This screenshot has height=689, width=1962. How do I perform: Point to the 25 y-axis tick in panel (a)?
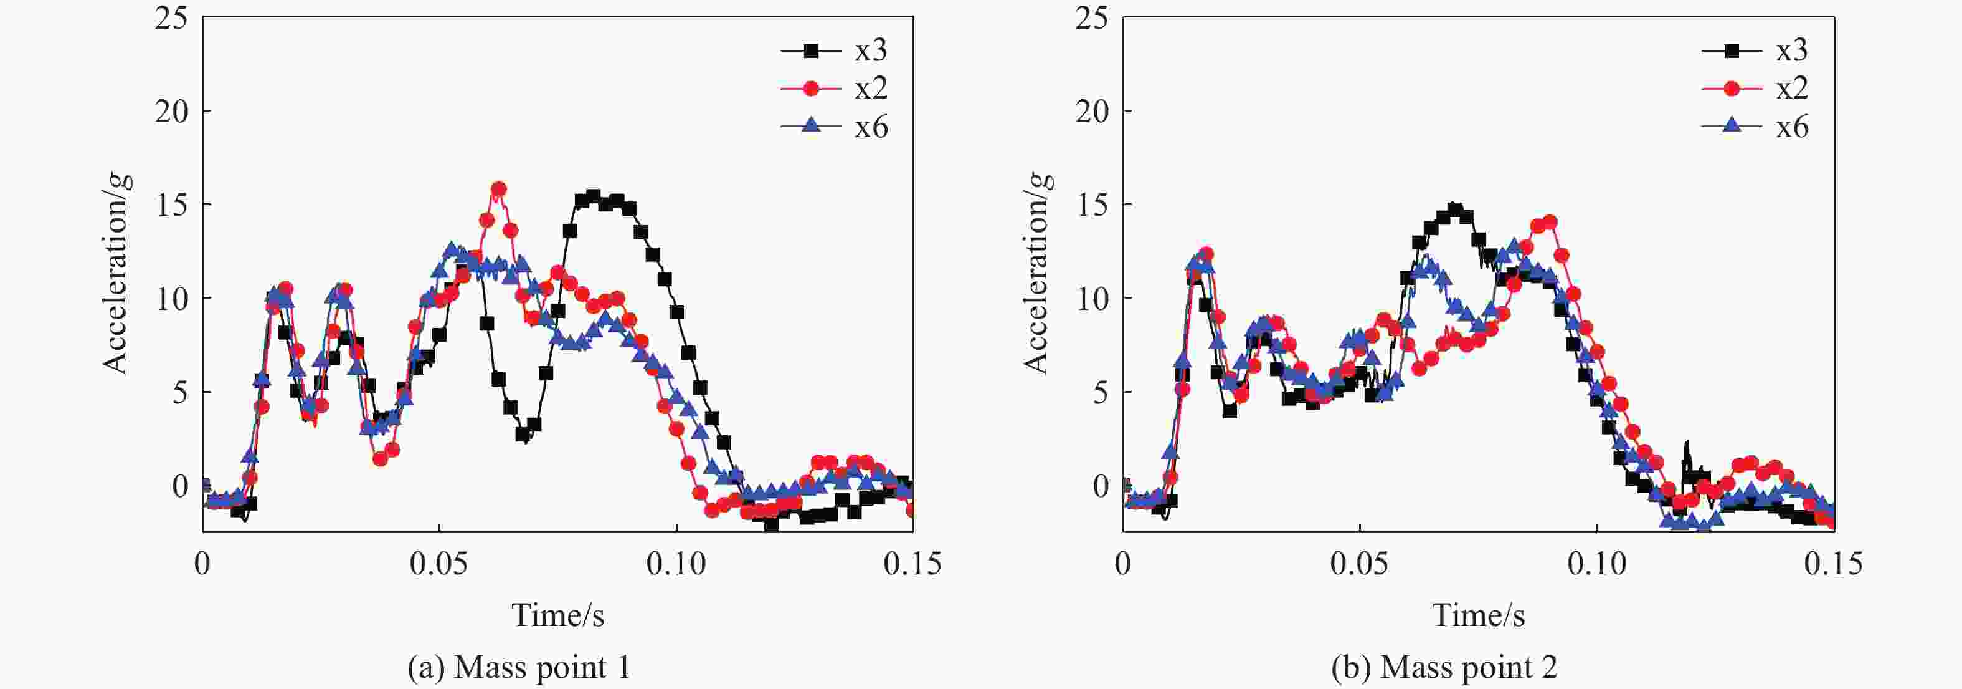pyautogui.click(x=171, y=17)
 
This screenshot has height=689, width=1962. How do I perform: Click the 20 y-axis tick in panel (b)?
pyautogui.click(x=1092, y=111)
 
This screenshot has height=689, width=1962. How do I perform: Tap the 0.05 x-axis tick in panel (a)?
pyautogui.click(x=438, y=564)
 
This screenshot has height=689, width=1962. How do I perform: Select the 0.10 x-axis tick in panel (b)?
pyautogui.click(x=1596, y=564)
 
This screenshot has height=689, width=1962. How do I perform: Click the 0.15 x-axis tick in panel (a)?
pyautogui.click(x=912, y=564)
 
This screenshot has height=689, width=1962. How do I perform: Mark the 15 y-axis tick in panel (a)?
pyautogui.click(x=171, y=205)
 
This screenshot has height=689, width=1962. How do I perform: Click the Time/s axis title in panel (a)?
pyautogui.click(x=557, y=615)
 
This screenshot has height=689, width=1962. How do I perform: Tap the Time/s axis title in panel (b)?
pyautogui.click(x=1479, y=615)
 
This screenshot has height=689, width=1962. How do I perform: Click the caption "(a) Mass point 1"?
pyautogui.click(x=519, y=668)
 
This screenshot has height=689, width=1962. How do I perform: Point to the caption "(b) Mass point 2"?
pyautogui.click(x=1444, y=668)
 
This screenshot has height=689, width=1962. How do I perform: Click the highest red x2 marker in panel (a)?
pyautogui.click(x=499, y=189)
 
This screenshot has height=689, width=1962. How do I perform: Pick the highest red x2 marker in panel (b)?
pyautogui.click(x=1549, y=223)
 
